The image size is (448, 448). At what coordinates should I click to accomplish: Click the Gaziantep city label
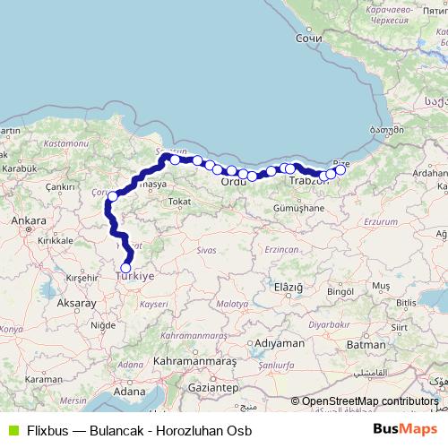[213, 389]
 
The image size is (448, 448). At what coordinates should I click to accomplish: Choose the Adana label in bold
[130, 392]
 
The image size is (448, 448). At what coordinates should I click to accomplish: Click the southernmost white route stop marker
[125, 268]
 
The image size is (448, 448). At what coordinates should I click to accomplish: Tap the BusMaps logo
[405, 429]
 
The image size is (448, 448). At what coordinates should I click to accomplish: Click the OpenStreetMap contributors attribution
[370, 401]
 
